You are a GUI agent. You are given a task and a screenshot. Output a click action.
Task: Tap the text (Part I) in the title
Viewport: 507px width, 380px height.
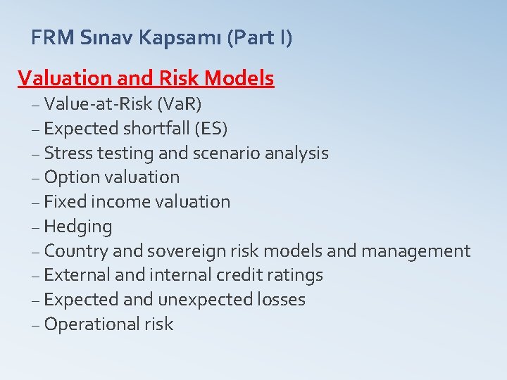(260, 37)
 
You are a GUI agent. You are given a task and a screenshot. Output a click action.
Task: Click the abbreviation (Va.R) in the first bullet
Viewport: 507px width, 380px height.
(180, 104)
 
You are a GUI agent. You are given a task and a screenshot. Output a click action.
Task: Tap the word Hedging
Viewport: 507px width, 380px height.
(77, 227)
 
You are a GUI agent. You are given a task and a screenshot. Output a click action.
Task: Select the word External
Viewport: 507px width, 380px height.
(79, 275)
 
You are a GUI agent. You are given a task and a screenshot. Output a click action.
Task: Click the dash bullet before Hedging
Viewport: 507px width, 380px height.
(36, 227)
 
